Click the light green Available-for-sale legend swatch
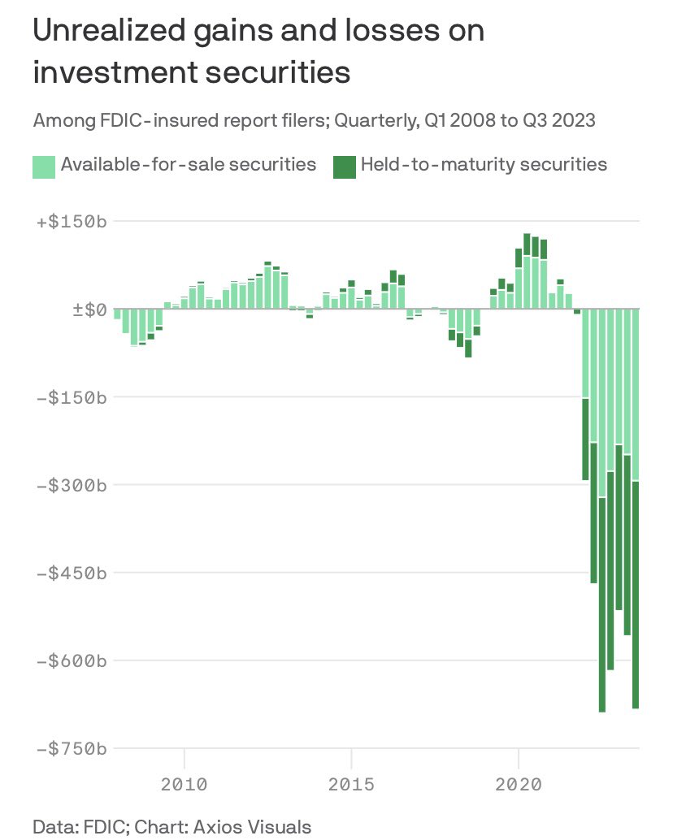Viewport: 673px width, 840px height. pos(44,166)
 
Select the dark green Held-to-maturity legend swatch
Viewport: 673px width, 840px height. pos(345,166)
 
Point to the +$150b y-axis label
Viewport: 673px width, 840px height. pos(71,222)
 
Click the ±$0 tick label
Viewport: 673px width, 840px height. pos(85,310)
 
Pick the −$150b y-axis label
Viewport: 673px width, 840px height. pos(71,397)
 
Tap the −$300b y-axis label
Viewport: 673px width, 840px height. pos(71,485)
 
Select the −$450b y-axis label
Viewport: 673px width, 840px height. pos(71,573)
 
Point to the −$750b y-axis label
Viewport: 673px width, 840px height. pos(71,748)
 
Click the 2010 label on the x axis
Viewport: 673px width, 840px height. pos(185,785)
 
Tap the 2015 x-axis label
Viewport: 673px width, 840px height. pos(351,785)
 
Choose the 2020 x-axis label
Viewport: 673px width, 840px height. pos(518,785)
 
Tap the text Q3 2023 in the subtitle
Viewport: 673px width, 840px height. pos(561,121)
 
